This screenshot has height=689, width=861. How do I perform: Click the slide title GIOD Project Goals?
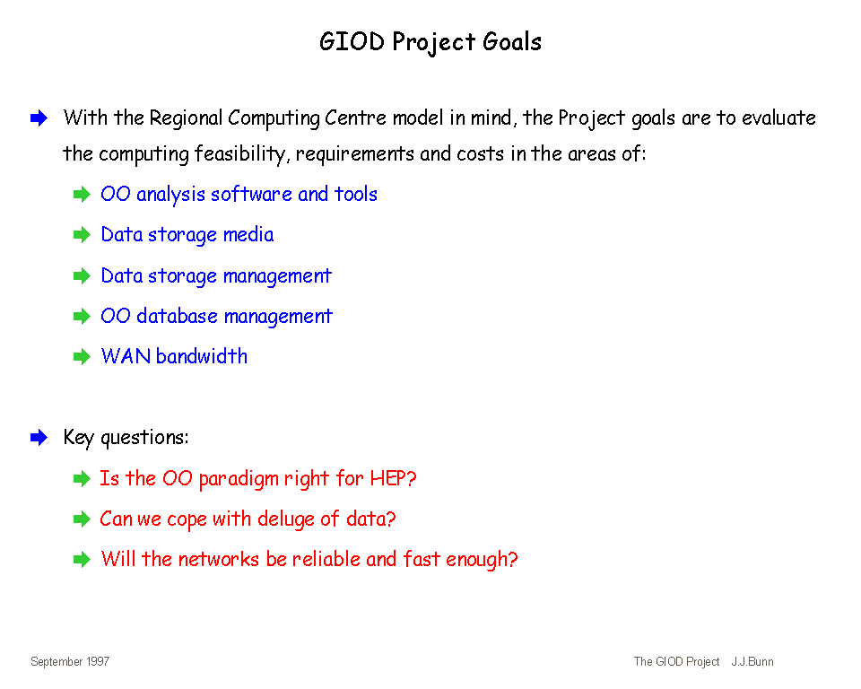tap(430, 42)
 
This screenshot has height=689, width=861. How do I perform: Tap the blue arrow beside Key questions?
tap(39, 438)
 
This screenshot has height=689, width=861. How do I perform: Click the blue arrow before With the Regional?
tap(39, 118)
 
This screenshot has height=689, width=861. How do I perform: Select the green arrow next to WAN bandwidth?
tap(82, 356)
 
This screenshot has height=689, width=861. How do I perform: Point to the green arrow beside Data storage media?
tap(82, 235)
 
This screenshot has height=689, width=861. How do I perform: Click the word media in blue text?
tap(248, 235)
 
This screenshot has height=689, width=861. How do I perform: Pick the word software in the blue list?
tap(251, 194)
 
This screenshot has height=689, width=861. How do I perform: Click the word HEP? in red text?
tap(393, 478)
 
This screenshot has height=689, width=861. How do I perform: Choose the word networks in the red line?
tap(219, 559)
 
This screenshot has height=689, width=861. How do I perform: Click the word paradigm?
tap(239, 479)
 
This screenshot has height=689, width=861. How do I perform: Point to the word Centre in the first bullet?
tap(355, 118)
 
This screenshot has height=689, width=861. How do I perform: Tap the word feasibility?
tap(240, 154)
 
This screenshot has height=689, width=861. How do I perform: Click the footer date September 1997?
tap(70, 661)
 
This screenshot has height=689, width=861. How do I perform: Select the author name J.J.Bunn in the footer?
tap(752, 661)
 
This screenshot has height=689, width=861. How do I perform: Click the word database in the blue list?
tap(177, 316)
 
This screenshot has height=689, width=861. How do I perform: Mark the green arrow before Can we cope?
tap(82, 519)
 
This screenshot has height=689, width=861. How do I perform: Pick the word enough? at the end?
tap(482, 560)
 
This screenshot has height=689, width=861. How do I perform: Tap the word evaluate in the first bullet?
tap(778, 118)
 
